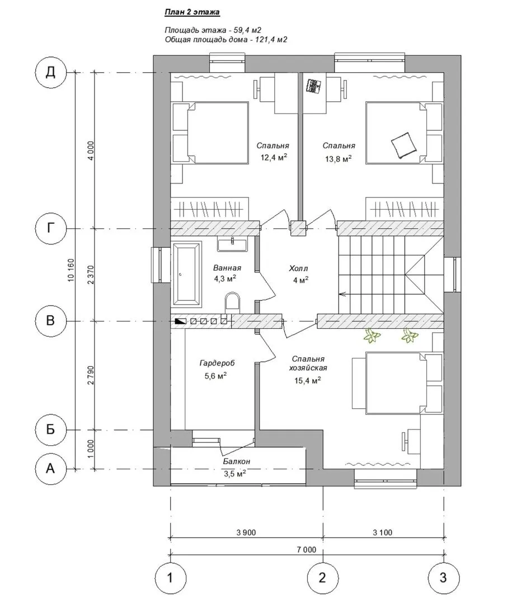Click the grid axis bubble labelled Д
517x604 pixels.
(50, 72)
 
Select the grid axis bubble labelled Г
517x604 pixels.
(50, 229)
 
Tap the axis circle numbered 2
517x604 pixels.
(322, 577)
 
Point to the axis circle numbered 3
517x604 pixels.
(444, 577)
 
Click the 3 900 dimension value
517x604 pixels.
(246, 532)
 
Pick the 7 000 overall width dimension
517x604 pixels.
(306, 550)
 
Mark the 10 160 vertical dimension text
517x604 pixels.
(70, 271)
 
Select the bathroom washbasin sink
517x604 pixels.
(232, 244)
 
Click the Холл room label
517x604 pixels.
(299, 268)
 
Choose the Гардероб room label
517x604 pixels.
(217, 363)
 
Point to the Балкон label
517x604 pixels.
(237, 461)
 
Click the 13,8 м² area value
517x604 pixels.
(339, 159)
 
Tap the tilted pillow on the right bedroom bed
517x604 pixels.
(404, 145)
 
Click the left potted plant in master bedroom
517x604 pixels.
(372, 336)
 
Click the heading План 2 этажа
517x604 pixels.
(192, 12)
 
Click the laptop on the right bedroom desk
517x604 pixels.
(314, 86)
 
